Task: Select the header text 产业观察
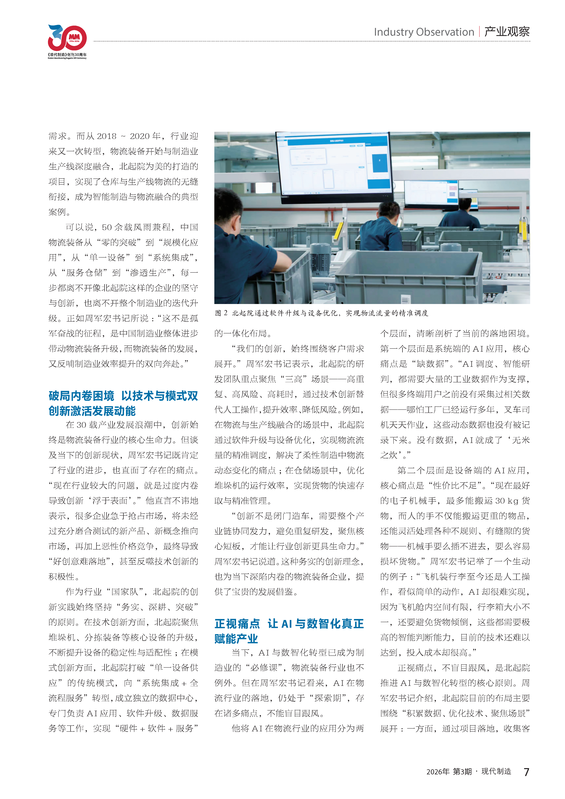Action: click(x=507, y=32)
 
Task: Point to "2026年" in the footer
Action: click(x=438, y=772)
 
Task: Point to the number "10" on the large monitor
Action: click(x=308, y=159)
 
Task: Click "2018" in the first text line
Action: click(x=107, y=136)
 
